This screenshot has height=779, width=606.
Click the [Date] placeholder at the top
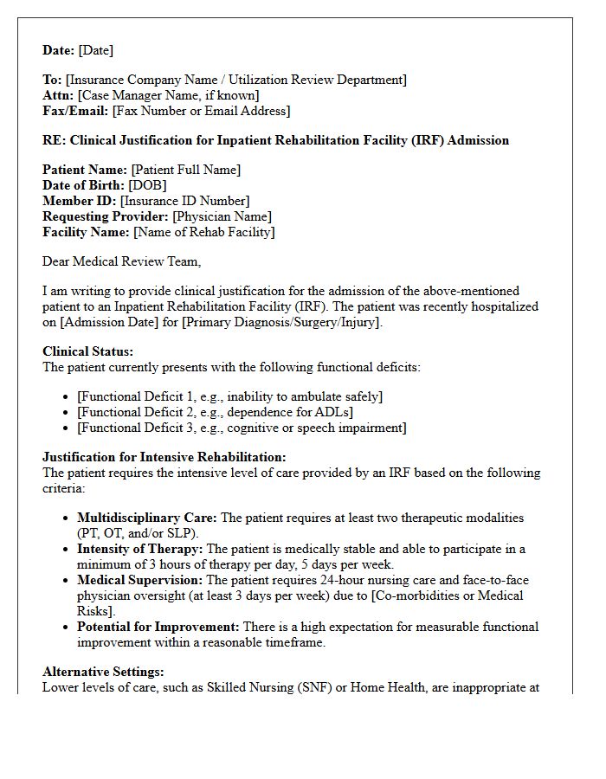pyautogui.click(x=95, y=50)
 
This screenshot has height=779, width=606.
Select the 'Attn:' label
pyautogui.click(x=58, y=95)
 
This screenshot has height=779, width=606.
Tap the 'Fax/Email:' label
pyautogui.click(x=75, y=111)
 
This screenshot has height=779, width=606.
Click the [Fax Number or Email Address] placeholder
pyautogui.click(x=201, y=111)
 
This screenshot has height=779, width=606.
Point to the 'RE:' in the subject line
pyautogui.click(x=55, y=140)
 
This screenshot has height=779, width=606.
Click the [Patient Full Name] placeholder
pyautogui.click(x=185, y=170)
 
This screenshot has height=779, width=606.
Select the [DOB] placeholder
pyautogui.click(x=147, y=185)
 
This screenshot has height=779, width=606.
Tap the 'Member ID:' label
pyautogui.click(x=80, y=201)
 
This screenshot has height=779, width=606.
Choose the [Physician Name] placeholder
pyautogui.click(x=222, y=216)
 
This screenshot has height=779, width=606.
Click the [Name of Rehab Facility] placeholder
pyautogui.click(x=203, y=232)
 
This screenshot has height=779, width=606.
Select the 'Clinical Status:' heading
pyautogui.click(x=88, y=351)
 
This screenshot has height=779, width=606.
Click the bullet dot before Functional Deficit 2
pyautogui.click(x=68, y=413)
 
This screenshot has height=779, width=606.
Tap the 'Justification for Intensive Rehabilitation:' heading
pyautogui.click(x=164, y=457)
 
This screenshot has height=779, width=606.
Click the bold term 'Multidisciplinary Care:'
pyautogui.click(x=147, y=518)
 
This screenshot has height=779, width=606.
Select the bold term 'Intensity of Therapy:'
pyautogui.click(x=139, y=549)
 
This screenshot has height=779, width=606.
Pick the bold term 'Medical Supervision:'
pyautogui.click(x=139, y=580)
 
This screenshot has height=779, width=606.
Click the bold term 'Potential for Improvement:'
pyautogui.click(x=158, y=627)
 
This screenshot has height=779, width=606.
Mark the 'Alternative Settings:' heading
pyautogui.click(x=103, y=672)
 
